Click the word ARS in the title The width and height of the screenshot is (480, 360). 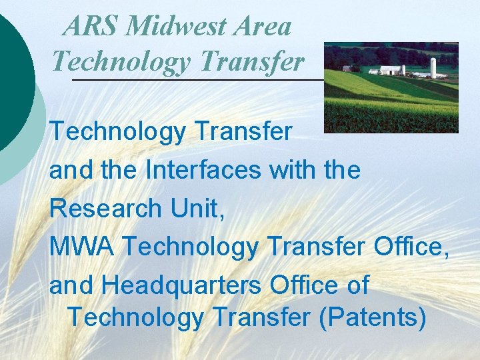[91, 27]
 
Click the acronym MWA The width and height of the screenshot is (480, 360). [81, 247]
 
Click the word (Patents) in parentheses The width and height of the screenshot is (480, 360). [373, 317]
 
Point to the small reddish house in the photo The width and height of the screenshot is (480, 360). [347, 69]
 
